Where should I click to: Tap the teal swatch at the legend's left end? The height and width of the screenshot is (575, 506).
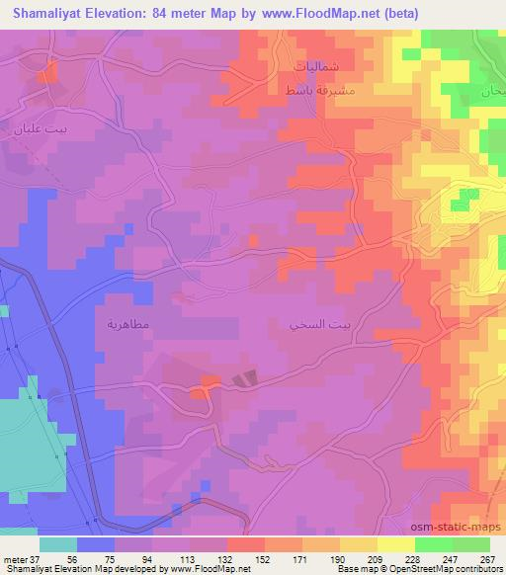(58, 543)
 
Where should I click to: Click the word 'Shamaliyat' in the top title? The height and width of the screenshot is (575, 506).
(48, 13)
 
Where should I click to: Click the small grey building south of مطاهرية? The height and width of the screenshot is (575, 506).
(245, 377)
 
